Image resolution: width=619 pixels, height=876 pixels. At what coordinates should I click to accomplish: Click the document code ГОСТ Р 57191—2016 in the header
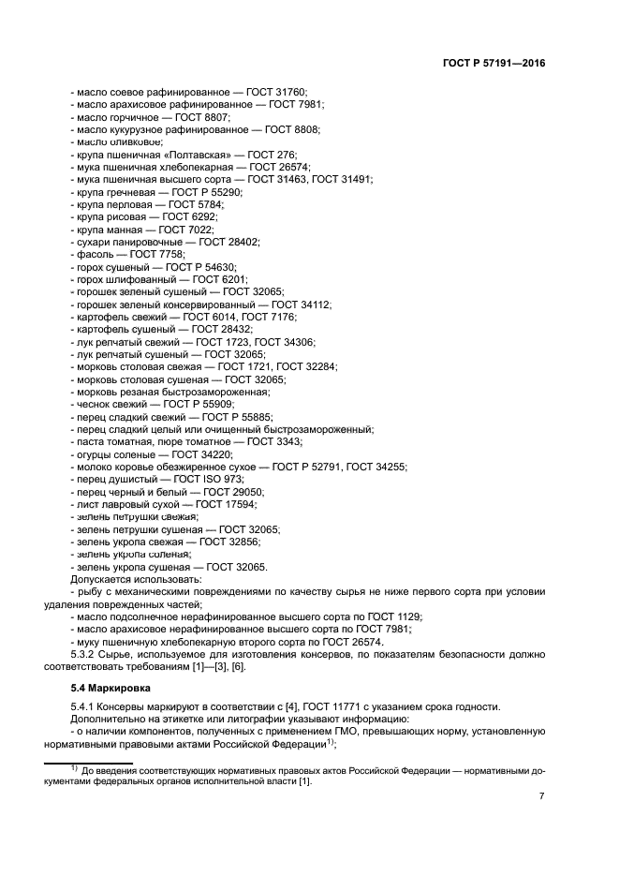pyautogui.click(x=494, y=64)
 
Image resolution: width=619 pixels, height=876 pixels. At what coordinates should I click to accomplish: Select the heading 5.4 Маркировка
pyautogui.click(x=101, y=689)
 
